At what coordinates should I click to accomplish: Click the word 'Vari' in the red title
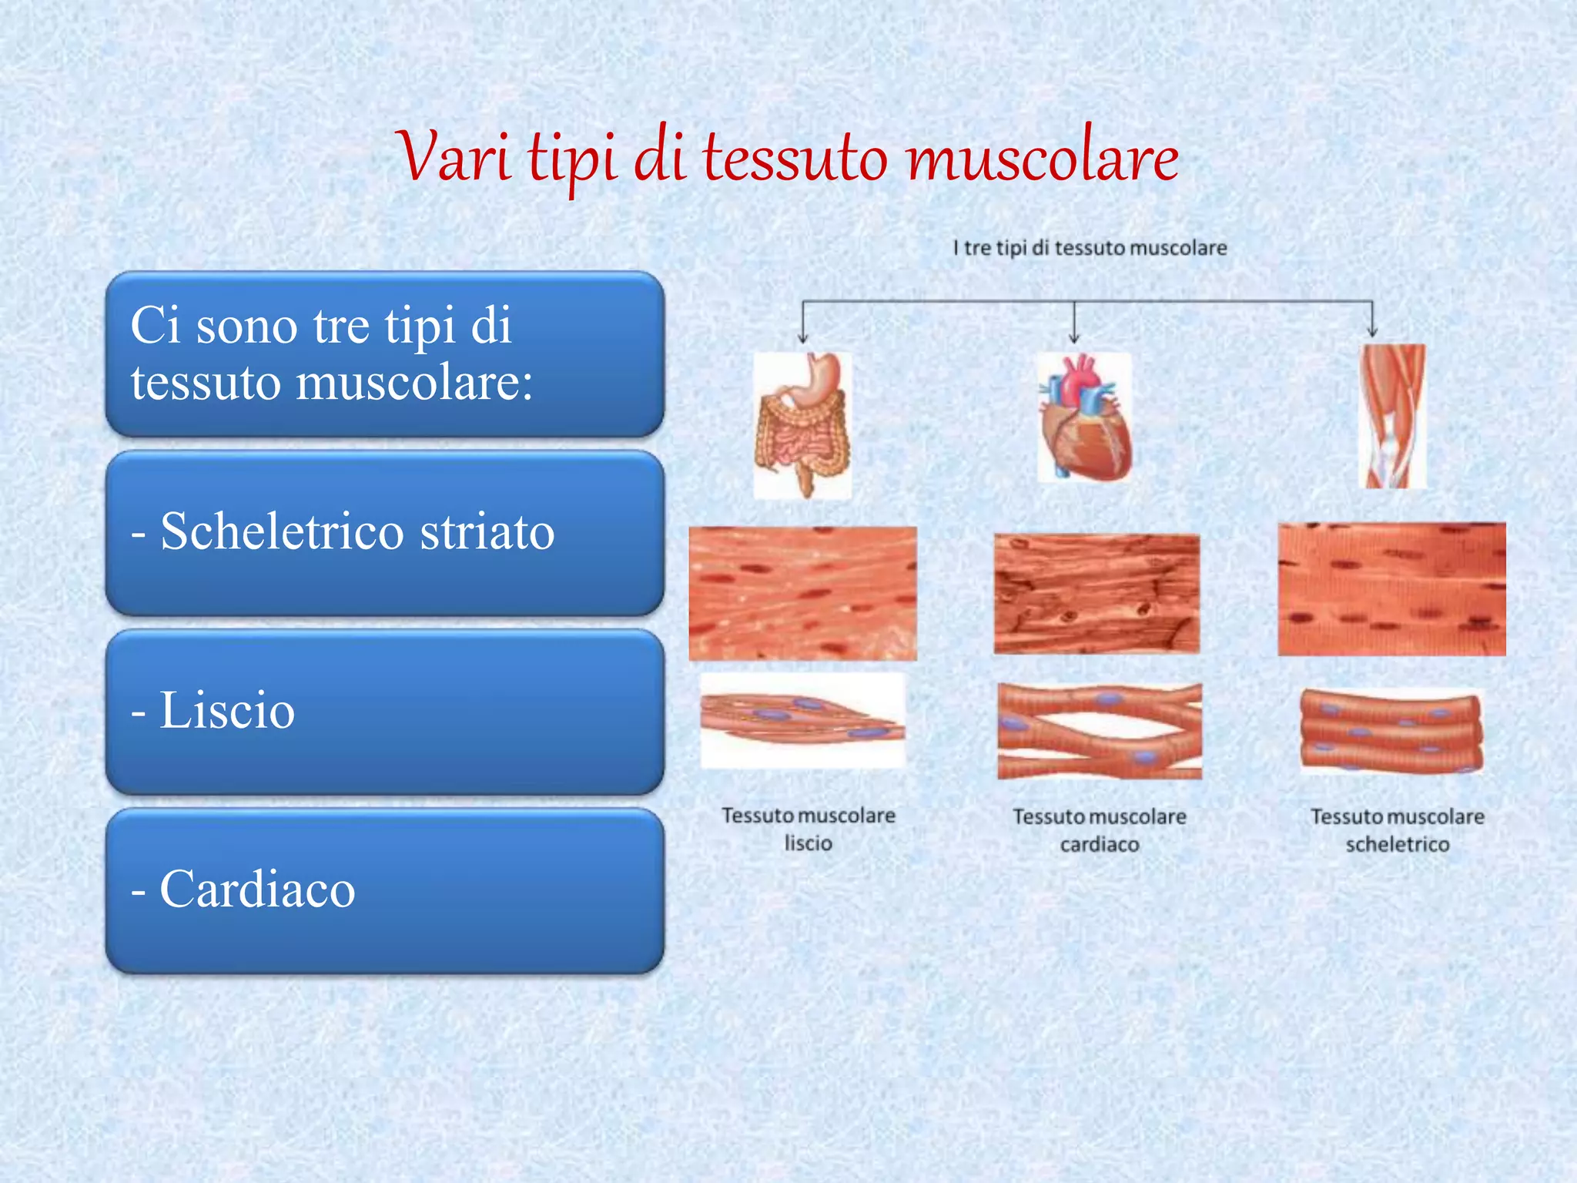click(x=454, y=158)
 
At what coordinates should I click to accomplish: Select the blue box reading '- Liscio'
click(x=384, y=711)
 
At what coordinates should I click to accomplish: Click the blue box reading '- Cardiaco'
click(x=384, y=890)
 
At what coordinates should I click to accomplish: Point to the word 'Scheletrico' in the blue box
click(x=282, y=531)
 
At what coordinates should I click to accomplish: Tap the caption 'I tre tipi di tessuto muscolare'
click(x=1089, y=248)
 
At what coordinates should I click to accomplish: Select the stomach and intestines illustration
click(x=803, y=424)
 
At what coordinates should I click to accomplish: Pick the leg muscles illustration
click(x=1394, y=416)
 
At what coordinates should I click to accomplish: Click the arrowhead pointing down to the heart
click(x=1074, y=337)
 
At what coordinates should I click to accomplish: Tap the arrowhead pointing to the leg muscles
click(x=1372, y=331)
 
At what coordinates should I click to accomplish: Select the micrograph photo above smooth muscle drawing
click(x=802, y=593)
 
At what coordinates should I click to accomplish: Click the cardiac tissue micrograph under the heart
click(x=1097, y=594)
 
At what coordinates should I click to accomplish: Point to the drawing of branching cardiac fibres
click(x=1099, y=730)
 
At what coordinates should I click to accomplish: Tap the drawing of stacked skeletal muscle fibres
click(x=1391, y=730)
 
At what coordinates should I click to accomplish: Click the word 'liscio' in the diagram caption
click(x=808, y=843)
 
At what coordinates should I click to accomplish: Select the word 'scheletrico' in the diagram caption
click(x=1397, y=845)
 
